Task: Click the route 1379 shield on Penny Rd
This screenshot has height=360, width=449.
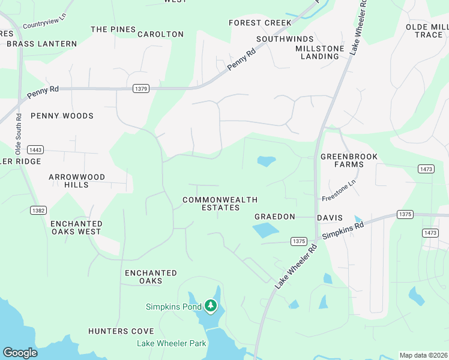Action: [x=140, y=89]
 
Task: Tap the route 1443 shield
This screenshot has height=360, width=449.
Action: [x=35, y=149]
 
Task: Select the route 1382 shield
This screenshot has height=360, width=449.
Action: [x=38, y=210]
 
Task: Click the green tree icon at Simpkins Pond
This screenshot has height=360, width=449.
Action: [x=210, y=306]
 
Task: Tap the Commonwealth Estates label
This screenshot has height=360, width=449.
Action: [x=220, y=203]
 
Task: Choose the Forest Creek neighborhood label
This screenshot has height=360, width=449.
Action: [x=260, y=23]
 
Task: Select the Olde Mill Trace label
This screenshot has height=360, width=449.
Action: [x=424, y=31]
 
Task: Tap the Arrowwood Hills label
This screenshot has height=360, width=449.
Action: [x=77, y=181]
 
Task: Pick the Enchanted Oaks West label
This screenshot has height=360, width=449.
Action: [x=76, y=227]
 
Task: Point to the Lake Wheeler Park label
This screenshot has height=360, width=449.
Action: [x=172, y=343]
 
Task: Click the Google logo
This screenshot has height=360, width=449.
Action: [x=20, y=353]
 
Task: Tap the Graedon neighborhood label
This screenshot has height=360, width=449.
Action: [x=274, y=217]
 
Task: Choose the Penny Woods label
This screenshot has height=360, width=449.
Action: [x=62, y=116]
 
